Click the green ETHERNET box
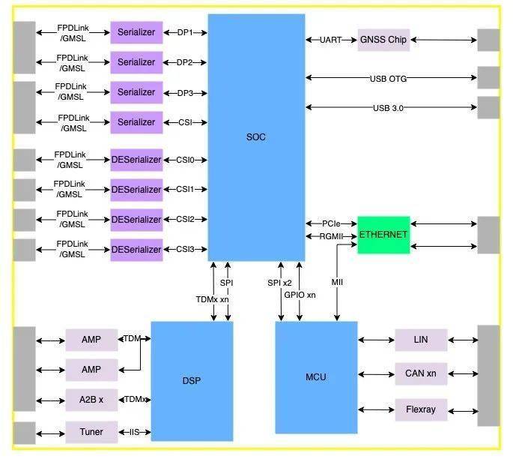[x=383, y=235]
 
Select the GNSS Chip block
[x=383, y=40]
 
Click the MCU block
[x=316, y=376]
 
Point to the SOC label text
[x=255, y=137]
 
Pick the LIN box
[x=421, y=340]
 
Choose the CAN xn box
[x=421, y=373]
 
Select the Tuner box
[x=91, y=433]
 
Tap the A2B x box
[x=91, y=400]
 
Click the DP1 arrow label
[x=185, y=32]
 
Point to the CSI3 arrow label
[x=185, y=249]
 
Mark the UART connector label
[x=330, y=40]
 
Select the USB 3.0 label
[x=387, y=108]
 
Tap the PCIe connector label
[x=331, y=223]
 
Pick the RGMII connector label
[x=331, y=237]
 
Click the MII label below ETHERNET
[x=338, y=282]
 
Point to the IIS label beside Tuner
[x=135, y=433]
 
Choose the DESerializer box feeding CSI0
[x=136, y=160]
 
